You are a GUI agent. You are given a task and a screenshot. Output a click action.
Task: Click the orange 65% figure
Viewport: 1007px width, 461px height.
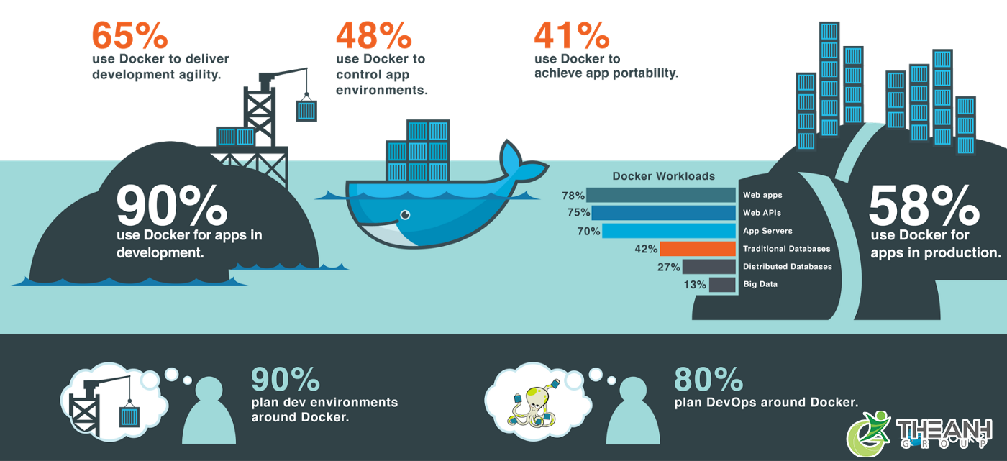pyautogui.click(x=130, y=34)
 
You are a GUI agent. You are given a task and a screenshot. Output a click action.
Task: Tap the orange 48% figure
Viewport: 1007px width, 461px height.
pyautogui.click(x=373, y=35)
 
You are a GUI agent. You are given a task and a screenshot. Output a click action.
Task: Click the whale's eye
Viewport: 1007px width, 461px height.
pyautogui.click(x=405, y=214)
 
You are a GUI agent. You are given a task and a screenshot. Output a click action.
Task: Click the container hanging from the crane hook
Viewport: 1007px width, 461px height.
pyautogui.click(x=306, y=110)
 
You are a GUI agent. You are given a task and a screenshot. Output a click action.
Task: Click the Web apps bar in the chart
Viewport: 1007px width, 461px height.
pyautogui.click(x=661, y=195)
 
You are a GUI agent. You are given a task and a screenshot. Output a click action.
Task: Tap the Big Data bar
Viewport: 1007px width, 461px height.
pyautogui.click(x=722, y=285)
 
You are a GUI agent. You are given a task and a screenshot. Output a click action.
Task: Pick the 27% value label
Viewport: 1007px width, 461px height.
pyautogui.click(x=668, y=267)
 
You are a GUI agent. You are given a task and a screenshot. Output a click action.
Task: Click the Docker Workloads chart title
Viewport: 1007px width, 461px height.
pyautogui.click(x=663, y=176)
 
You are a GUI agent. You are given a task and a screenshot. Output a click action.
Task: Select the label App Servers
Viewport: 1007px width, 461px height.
pyautogui.click(x=767, y=231)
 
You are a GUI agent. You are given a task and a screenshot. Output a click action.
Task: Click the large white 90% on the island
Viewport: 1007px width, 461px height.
pyautogui.click(x=171, y=207)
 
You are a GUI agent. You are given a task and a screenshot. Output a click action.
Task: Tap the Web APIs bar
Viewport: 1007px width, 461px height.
pyautogui.click(x=663, y=213)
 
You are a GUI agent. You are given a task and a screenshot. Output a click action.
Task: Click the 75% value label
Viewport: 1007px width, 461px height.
pyautogui.click(x=578, y=213)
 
